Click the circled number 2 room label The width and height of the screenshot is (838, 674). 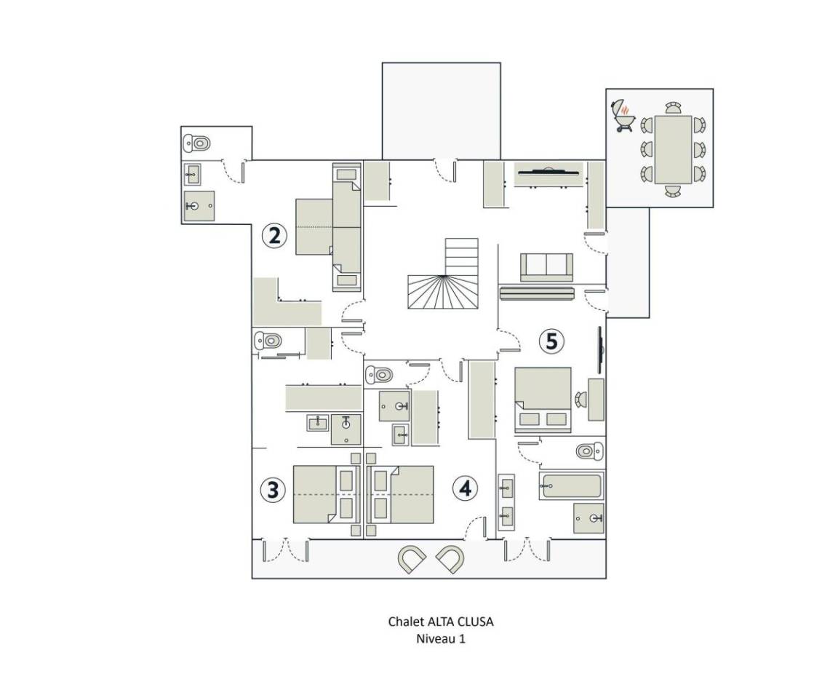pyautogui.click(x=274, y=235)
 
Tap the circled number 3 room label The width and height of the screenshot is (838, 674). pyautogui.click(x=273, y=489)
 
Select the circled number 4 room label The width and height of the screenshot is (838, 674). pyautogui.click(x=465, y=488)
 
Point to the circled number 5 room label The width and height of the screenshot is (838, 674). pyautogui.click(x=551, y=341)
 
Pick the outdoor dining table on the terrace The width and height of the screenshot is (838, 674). pyautogui.click(x=673, y=150)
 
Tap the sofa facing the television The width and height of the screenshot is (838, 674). pyautogui.click(x=547, y=267)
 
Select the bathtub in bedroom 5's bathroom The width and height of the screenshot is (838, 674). pyautogui.click(x=571, y=485)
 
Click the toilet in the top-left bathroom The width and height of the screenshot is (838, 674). pyautogui.click(x=196, y=143)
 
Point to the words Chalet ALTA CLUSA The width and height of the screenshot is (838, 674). pyautogui.click(x=441, y=622)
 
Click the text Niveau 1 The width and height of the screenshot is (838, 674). pyautogui.click(x=441, y=638)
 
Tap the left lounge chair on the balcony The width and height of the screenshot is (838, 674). pyautogui.click(x=412, y=560)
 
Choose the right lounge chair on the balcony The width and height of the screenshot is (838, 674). pyautogui.click(x=450, y=560)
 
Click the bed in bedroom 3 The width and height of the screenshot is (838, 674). pyautogui.click(x=326, y=494)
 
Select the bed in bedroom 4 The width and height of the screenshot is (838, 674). pyautogui.click(x=400, y=494)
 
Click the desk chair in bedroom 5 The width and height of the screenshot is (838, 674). pyautogui.click(x=580, y=399)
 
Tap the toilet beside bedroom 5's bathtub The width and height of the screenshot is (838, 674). pyautogui.click(x=589, y=451)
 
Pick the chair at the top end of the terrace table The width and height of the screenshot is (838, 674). pyautogui.click(x=674, y=108)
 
